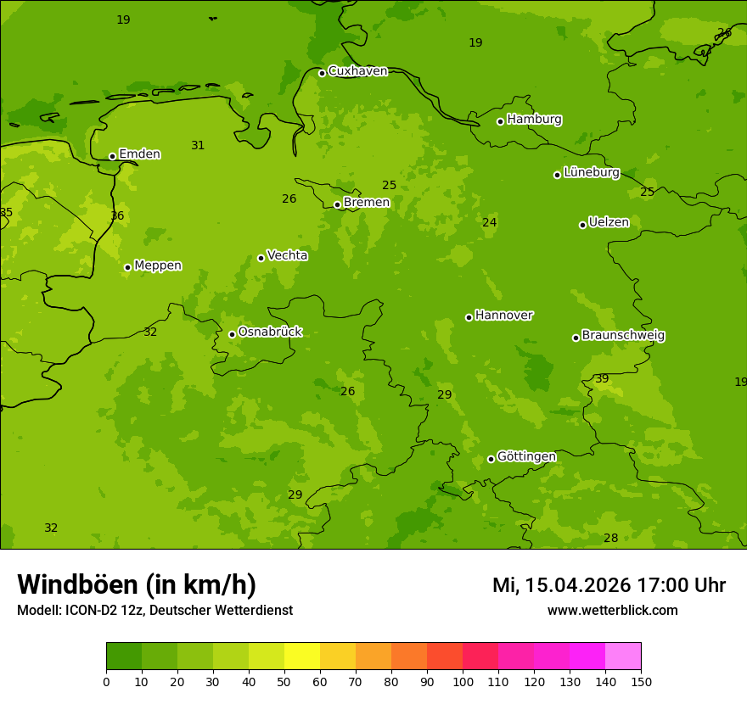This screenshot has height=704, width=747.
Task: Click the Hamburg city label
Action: [534, 120]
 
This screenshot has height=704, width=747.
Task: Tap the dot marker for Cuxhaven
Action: [322, 73]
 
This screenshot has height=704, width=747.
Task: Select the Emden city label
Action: [139, 154]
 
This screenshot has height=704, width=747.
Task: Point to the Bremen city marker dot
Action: [337, 204]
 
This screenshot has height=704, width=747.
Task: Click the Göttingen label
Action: [526, 457]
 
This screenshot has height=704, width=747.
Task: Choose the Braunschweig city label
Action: [623, 336]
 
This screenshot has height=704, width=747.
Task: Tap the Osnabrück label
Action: [270, 332]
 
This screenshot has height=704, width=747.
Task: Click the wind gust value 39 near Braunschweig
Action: [602, 379]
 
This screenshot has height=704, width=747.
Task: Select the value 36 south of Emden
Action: [117, 216]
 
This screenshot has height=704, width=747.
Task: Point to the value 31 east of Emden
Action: [198, 146]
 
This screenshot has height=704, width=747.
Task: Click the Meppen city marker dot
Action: [127, 267]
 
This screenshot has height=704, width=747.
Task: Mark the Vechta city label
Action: [287, 255]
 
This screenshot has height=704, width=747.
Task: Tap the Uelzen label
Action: [609, 223]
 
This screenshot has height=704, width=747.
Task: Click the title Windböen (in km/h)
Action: [137, 584]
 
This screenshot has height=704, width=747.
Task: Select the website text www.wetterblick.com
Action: [612, 611]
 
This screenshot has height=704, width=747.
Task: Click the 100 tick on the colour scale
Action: [463, 681]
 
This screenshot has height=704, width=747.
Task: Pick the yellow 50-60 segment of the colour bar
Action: [302, 657]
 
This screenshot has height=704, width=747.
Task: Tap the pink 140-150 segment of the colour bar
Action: [623, 657]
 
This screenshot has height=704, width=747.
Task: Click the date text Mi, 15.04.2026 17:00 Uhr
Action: [609, 585]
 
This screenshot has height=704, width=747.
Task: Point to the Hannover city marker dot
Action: [469, 317]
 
